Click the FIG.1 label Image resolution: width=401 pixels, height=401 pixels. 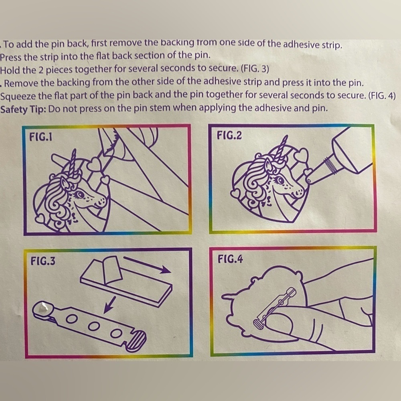41,137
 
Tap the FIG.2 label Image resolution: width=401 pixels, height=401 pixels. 229,135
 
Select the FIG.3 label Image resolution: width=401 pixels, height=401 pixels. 43,261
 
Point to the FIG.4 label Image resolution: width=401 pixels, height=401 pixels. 230,259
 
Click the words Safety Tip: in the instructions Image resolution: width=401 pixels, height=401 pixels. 23,109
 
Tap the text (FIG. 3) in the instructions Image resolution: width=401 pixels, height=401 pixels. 255,69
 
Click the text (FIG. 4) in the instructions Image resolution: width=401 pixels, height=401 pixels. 382,96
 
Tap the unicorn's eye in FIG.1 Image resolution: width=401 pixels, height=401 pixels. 80,194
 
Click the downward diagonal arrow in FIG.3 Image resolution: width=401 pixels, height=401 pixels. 109,305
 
